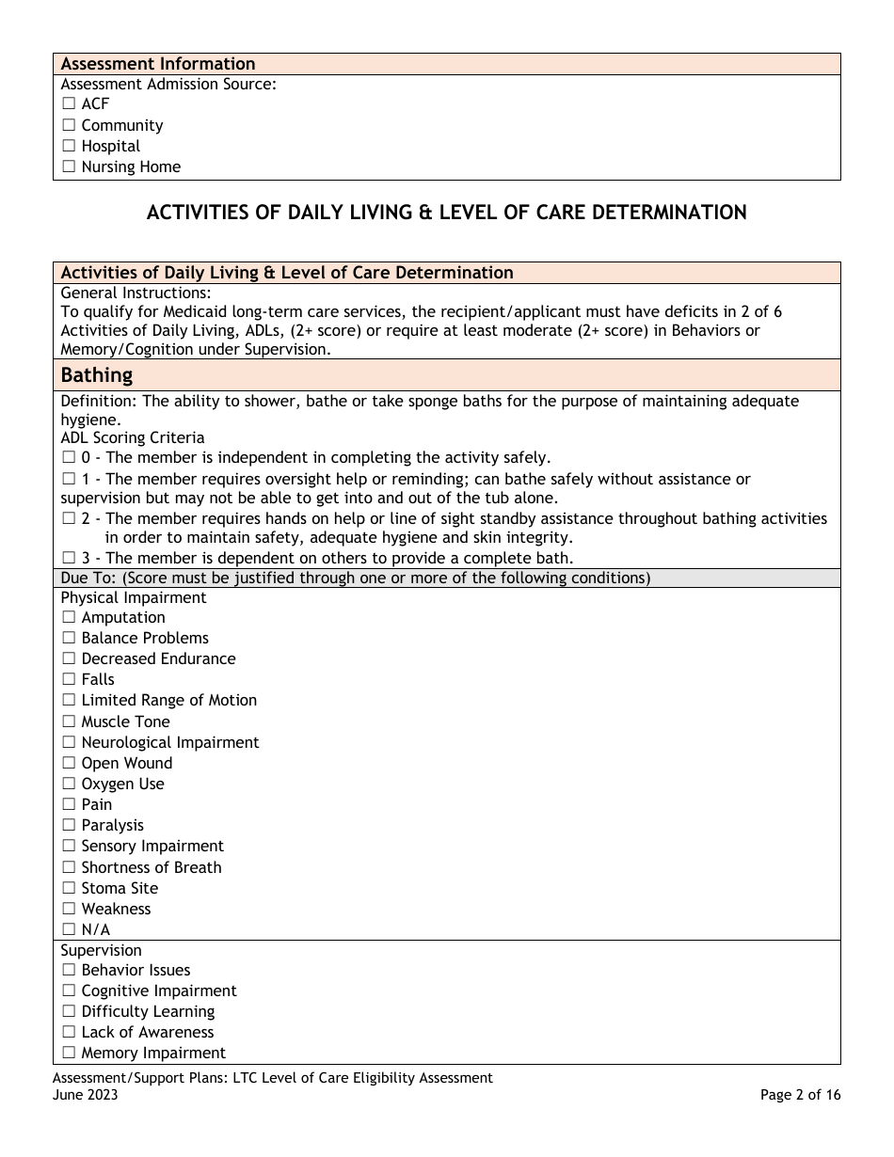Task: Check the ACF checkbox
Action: pyautogui.click(x=69, y=104)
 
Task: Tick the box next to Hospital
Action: pyautogui.click(x=69, y=147)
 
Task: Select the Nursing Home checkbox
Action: pyautogui.click(x=69, y=167)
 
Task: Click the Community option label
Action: pyautogui.click(x=121, y=126)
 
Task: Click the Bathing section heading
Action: pyautogui.click(x=96, y=375)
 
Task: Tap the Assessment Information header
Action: pyautogui.click(x=158, y=64)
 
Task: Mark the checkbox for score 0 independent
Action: pyautogui.click(x=69, y=458)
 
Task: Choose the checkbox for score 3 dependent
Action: pyautogui.click(x=69, y=559)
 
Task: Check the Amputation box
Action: pyautogui.click(x=69, y=618)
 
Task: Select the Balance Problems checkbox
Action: pyautogui.click(x=69, y=639)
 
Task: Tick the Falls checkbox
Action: pyautogui.click(x=69, y=680)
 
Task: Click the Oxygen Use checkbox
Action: pyautogui.click(x=69, y=785)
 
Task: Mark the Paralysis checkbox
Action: pyautogui.click(x=69, y=826)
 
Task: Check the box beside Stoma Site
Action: pyautogui.click(x=69, y=889)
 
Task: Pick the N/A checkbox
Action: pyautogui.click(x=69, y=930)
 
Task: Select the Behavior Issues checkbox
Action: pyautogui.click(x=69, y=971)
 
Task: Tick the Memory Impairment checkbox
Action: pyautogui.click(x=69, y=1054)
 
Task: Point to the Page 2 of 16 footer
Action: pyautogui.click(x=800, y=1095)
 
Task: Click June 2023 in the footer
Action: pyautogui.click(x=86, y=1095)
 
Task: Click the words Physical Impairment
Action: pyautogui.click(x=134, y=597)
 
